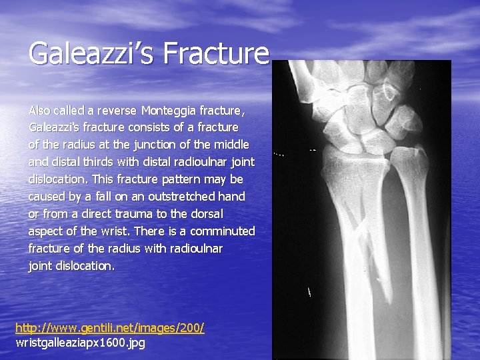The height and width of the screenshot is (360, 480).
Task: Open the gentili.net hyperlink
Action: [109, 328]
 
